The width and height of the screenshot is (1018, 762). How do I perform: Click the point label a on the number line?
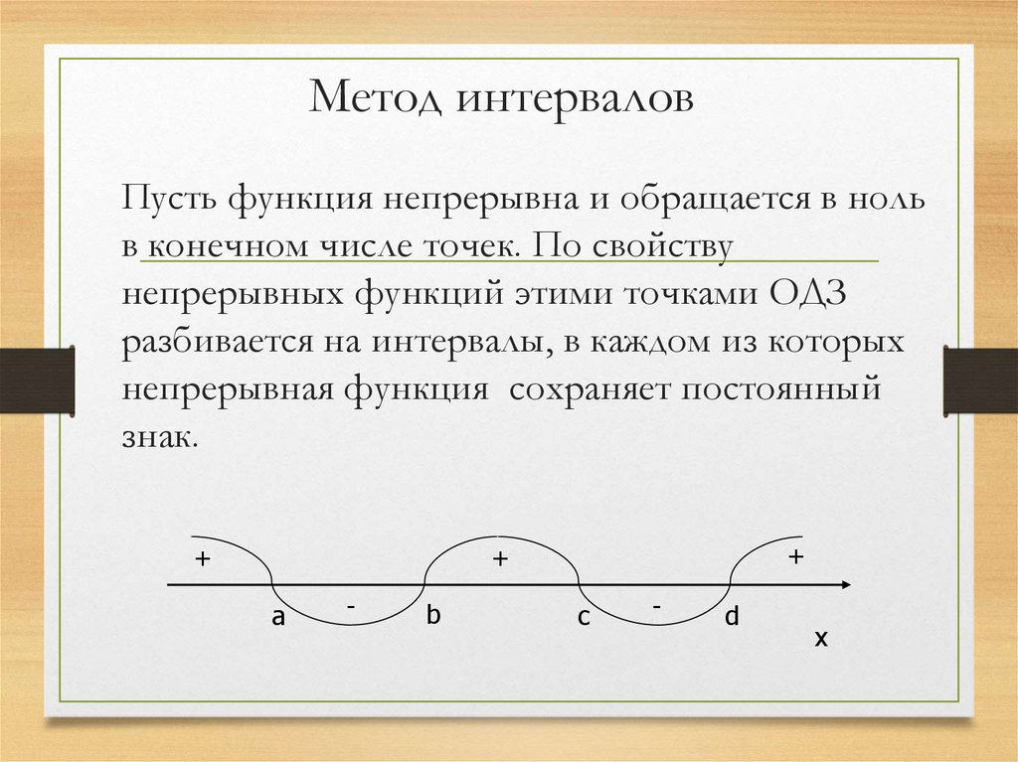click(279, 618)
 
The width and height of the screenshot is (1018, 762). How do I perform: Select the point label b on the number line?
click(432, 616)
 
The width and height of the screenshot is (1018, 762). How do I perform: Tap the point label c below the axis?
click(584, 618)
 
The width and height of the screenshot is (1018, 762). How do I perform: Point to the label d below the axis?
click(732, 617)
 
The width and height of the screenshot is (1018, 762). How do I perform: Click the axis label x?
click(821, 640)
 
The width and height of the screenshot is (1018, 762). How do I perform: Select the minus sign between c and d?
click(657, 604)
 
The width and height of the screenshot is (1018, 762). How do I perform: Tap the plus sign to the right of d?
click(795, 557)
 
